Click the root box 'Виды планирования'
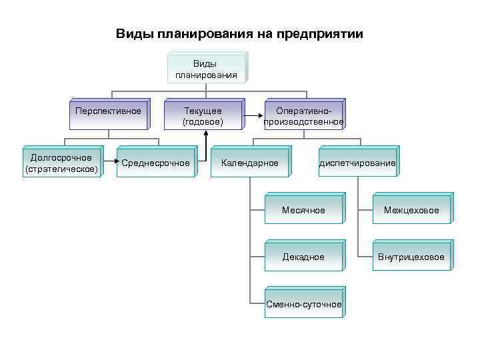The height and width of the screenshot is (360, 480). (x=206, y=69)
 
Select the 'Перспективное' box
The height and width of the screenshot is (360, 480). (x=108, y=111)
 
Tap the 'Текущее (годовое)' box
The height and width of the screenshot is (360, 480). (x=203, y=116)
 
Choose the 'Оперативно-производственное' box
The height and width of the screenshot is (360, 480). (x=304, y=116)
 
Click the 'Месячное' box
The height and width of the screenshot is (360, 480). (x=303, y=211)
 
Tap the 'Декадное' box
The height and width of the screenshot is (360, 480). (x=303, y=257)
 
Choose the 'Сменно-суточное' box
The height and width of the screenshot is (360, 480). (x=303, y=305)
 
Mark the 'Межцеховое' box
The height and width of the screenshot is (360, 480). (x=411, y=211)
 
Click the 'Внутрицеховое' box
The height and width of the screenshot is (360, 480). (x=411, y=257)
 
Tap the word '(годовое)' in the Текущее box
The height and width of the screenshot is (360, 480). (x=203, y=122)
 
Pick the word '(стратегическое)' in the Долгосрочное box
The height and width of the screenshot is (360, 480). (x=61, y=169)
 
